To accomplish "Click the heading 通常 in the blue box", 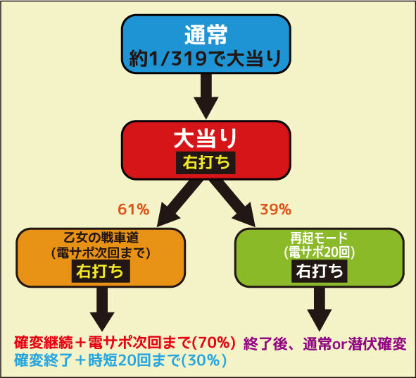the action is [x=206, y=35].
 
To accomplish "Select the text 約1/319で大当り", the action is [x=206, y=58].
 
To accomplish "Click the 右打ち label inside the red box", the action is [x=206, y=163].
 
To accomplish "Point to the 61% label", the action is [x=134, y=209].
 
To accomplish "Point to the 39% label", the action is [x=276, y=209].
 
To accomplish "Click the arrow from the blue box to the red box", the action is [x=206, y=96].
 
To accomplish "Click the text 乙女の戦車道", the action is [x=101, y=238].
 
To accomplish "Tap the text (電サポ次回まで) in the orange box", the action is [x=101, y=252].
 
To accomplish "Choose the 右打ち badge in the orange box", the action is [x=101, y=271].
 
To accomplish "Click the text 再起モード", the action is [x=319, y=238].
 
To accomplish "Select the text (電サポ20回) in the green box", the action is [x=320, y=252].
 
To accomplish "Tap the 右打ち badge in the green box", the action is [x=320, y=271].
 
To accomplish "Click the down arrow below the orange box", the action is [x=102, y=309].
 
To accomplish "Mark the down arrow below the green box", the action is [x=320, y=309].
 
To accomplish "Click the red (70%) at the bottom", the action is [x=213, y=343].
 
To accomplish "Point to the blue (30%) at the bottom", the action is [x=204, y=360].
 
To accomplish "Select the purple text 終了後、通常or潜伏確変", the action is [x=324, y=344].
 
